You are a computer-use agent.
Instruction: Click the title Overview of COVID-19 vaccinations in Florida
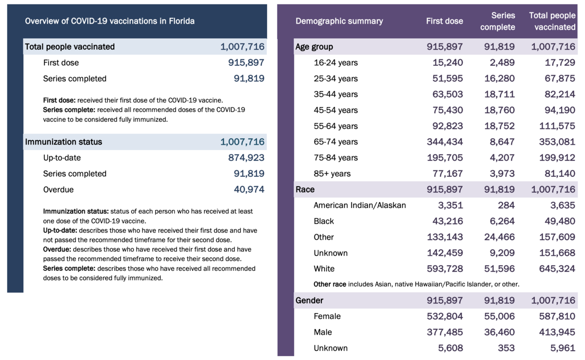pyautogui.click(x=110, y=21)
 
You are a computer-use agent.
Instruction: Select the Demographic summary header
pyautogui.click(x=339, y=21)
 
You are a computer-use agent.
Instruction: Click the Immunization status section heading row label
pyautogui.click(x=63, y=142)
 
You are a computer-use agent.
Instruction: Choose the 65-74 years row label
pyautogui.click(x=335, y=142)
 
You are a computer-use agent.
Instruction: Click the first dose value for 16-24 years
pyautogui.click(x=448, y=63)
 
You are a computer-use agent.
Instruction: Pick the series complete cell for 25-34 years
pyautogui.click(x=498, y=78)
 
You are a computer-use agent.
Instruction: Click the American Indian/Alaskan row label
pyautogui.click(x=359, y=205)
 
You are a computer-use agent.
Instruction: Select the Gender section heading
pyautogui.click(x=309, y=301)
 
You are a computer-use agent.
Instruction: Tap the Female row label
pyautogui.click(x=327, y=316)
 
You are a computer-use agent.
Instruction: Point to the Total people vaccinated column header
pyautogui.click(x=552, y=21)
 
